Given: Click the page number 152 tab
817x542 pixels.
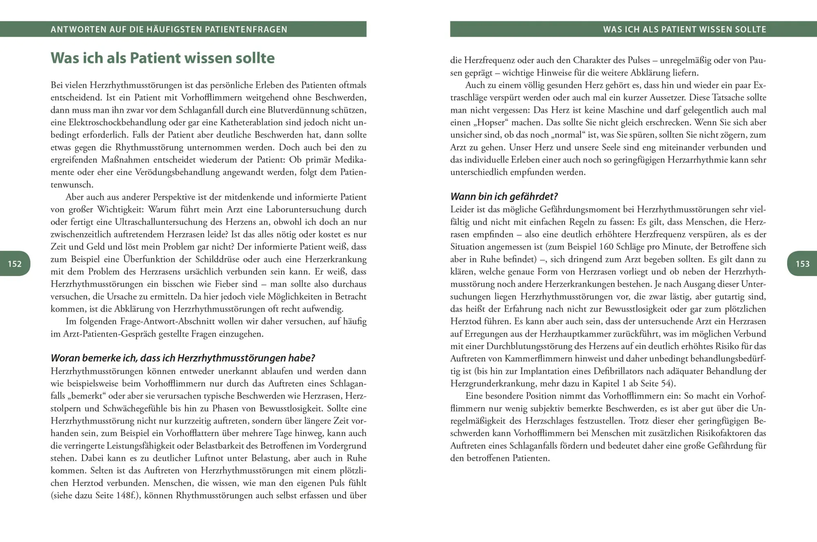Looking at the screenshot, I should [x=15, y=264].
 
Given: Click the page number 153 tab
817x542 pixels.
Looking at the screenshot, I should [x=802, y=264].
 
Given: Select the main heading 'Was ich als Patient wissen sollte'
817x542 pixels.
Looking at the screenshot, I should [x=163, y=58].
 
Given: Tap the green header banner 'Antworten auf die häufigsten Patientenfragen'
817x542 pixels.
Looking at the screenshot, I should [x=169, y=29].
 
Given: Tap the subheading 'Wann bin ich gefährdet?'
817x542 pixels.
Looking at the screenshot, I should [x=504, y=196].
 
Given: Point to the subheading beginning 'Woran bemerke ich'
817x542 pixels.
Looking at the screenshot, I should [x=183, y=358].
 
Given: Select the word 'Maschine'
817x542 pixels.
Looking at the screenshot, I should [x=625, y=110].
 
